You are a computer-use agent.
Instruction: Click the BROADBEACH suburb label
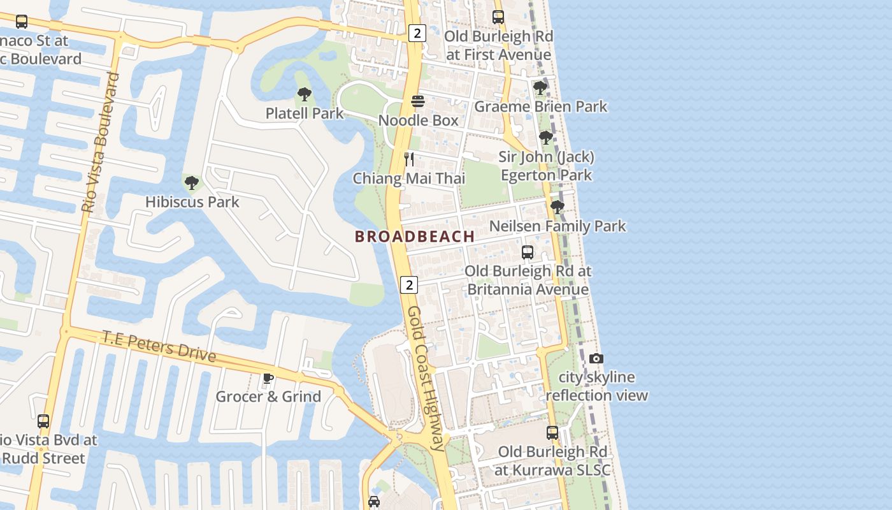415,237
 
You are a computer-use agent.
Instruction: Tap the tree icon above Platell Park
305,95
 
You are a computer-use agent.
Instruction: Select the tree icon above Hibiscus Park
191,184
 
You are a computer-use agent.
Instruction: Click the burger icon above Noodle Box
418,101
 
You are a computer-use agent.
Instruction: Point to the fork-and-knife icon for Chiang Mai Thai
409,159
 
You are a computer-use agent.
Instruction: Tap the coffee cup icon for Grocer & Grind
268,378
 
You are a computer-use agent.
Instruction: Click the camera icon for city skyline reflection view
596,359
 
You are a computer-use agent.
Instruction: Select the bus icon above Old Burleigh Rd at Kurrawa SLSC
552,433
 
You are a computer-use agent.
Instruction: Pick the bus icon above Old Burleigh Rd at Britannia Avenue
528,252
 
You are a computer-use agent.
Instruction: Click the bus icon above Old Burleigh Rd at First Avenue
498,17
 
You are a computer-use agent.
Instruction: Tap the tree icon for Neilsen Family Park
557,207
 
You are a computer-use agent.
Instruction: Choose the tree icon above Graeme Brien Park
540,87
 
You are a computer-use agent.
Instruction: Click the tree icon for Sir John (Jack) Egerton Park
545,138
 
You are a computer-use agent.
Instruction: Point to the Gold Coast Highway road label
425,378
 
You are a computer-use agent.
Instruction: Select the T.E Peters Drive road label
159,347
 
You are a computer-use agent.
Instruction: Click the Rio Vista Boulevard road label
101,143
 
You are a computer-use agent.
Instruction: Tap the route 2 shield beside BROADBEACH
409,284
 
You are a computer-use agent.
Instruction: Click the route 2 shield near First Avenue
417,33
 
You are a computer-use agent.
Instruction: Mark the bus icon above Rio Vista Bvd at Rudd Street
43,421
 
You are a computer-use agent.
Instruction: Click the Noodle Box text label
418,120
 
